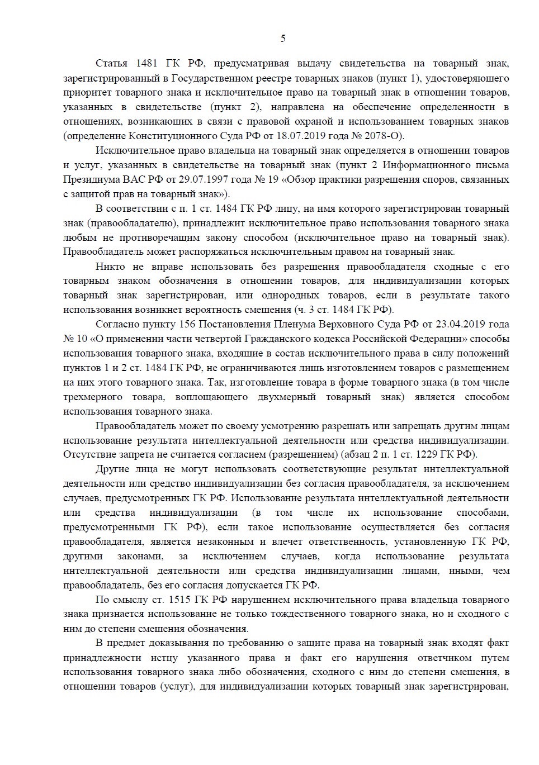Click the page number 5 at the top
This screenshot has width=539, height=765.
tap(282, 39)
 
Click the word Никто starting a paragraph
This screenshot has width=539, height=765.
tap(110, 267)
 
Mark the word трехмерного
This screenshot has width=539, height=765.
tap(93, 397)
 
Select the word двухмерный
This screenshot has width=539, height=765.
tap(309, 397)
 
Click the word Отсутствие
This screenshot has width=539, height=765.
tap(89, 454)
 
